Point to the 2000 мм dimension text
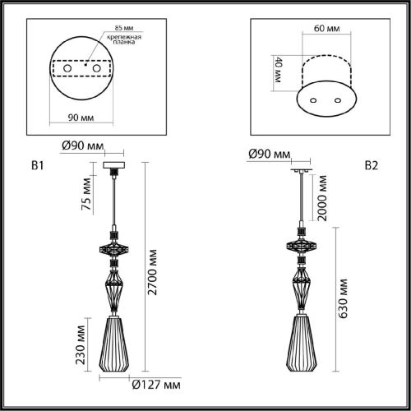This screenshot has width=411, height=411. [321, 198]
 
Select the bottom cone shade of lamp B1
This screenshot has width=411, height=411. [113, 345]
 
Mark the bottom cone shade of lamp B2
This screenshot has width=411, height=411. [302, 346]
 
